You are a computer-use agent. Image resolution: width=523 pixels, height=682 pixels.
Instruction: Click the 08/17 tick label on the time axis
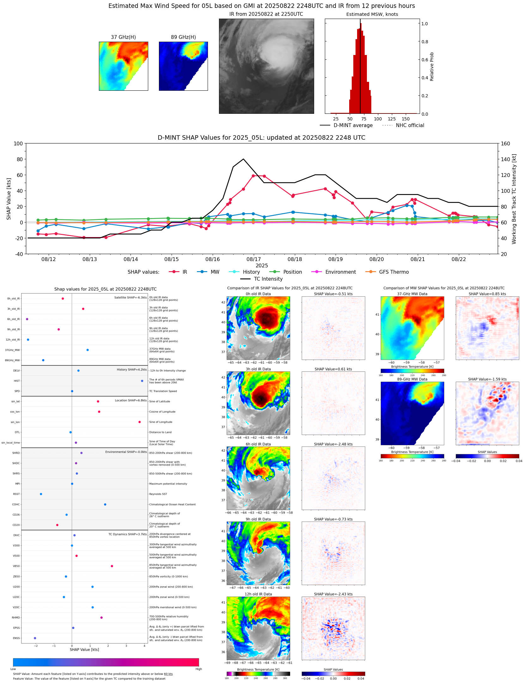[253, 259]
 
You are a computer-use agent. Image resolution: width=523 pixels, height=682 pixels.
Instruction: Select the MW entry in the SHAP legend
[215, 272]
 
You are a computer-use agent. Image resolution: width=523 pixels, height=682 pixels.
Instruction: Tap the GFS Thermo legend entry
[393, 272]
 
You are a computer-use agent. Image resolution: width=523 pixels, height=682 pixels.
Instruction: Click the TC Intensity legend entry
[268, 279]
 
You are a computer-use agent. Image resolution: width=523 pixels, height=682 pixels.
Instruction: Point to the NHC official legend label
[410, 125]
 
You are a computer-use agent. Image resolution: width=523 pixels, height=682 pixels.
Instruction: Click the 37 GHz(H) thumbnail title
[123, 37]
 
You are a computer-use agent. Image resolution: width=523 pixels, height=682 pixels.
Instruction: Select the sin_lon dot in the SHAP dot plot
[139, 422]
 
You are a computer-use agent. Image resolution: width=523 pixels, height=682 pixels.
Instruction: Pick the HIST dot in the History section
[142, 381]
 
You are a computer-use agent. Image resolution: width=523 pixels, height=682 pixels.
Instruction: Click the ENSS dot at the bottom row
[35, 638]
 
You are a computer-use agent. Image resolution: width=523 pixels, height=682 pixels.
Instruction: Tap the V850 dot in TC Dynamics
[112, 566]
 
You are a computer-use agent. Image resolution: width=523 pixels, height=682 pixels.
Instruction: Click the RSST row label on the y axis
[16, 494]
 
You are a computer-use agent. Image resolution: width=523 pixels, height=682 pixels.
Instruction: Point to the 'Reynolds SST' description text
[158, 494]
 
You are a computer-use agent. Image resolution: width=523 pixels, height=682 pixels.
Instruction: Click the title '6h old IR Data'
[258, 444]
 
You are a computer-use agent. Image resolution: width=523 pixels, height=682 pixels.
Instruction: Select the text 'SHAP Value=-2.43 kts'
[333, 594]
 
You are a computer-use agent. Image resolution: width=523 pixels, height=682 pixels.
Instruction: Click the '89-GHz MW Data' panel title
[412, 379]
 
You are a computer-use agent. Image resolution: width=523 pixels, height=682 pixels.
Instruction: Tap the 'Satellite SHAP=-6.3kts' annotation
[130, 297]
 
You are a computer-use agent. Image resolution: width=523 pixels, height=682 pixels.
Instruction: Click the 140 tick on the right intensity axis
[505, 159]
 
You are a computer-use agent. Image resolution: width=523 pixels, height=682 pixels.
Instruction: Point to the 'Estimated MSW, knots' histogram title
[372, 14]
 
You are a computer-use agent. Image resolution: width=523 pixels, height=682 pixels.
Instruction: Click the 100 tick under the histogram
[378, 119]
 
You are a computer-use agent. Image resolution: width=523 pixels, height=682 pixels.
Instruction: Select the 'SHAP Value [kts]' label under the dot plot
[84, 649]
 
